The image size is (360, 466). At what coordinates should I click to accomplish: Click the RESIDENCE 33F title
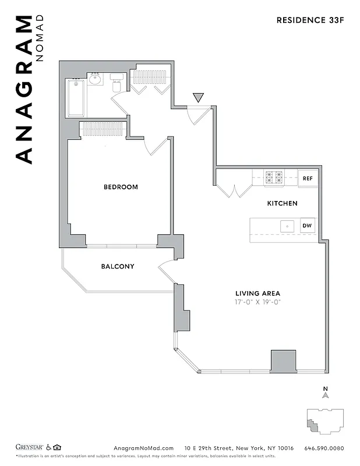click(x=310, y=20)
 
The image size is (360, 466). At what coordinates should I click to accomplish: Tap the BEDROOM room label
click(x=121, y=187)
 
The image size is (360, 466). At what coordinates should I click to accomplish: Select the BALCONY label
click(x=118, y=266)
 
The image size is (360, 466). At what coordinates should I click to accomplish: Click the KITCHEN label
click(x=282, y=203)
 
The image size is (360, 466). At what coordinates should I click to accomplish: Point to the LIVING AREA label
click(x=257, y=293)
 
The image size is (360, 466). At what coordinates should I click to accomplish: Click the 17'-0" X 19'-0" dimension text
click(x=257, y=303)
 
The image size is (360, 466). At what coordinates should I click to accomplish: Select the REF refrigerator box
click(x=308, y=179)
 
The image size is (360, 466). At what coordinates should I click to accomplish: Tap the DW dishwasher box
click(x=307, y=226)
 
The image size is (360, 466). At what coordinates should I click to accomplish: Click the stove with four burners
click(x=274, y=178)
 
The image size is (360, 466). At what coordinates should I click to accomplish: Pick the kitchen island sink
click(x=286, y=225)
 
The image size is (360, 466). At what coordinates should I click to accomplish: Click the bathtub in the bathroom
click(x=76, y=97)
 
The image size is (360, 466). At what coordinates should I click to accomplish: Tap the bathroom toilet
click(x=116, y=83)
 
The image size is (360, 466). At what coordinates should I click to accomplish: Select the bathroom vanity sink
click(x=96, y=79)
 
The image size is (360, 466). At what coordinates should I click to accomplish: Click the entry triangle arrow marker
click(x=198, y=98)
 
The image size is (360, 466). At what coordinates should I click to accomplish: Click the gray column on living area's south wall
click(x=283, y=361)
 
